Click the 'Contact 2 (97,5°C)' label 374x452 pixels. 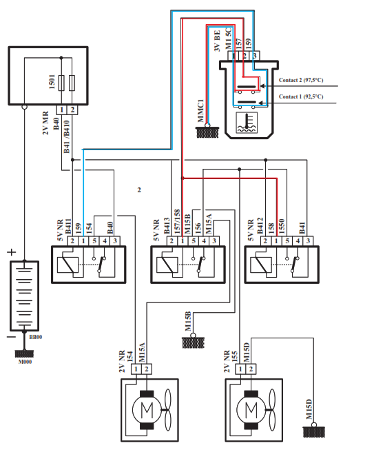(x=301, y=80)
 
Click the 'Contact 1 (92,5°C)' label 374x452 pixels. (x=301, y=96)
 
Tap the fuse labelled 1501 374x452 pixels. (x=61, y=83)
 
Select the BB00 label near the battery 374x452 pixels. (x=35, y=337)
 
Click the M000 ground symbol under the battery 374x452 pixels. (x=25, y=353)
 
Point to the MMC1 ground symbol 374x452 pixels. (x=207, y=132)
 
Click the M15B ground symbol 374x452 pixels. (x=193, y=342)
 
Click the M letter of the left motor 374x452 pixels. (x=147, y=409)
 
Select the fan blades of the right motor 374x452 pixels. (x=272, y=409)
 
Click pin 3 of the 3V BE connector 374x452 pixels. (x=255, y=56)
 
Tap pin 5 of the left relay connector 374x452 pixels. (x=94, y=241)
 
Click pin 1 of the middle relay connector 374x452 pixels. (x=183, y=241)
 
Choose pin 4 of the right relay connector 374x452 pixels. (x=298, y=241)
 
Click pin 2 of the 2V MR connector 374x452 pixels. (x=72, y=110)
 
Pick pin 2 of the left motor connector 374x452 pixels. (x=147, y=369)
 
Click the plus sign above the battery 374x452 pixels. (x=12, y=252)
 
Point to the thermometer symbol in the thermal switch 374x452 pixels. (x=247, y=123)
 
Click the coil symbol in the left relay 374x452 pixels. (x=67, y=265)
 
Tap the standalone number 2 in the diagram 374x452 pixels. (x=139, y=190)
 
